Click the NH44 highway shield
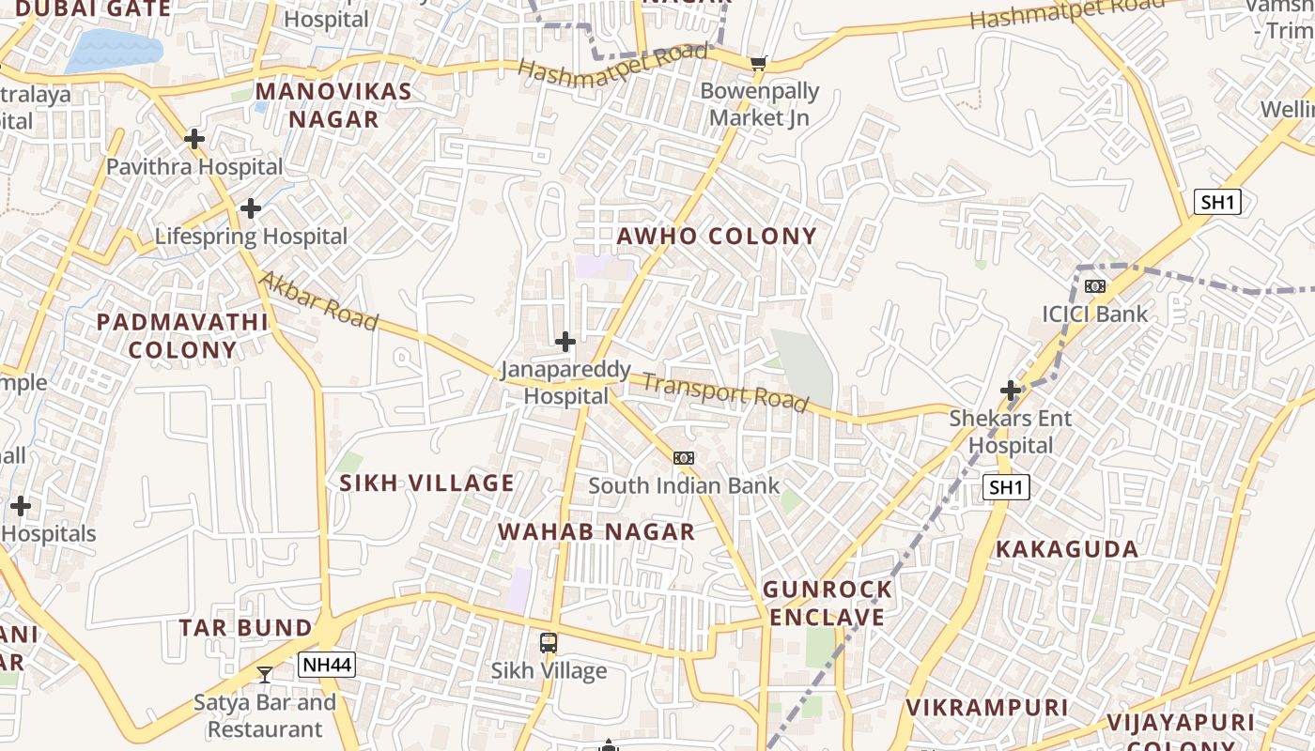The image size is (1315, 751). (327, 666)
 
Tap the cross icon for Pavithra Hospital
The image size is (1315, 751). (194, 139)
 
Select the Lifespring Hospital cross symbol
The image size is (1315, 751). (251, 208)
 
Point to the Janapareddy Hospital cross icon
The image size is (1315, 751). (565, 342)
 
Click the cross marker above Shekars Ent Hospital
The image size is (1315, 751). (1011, 390)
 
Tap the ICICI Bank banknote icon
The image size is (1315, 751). (1095, 286)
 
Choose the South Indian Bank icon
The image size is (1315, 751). (684, 458)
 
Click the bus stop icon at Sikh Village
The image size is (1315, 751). (549, 643)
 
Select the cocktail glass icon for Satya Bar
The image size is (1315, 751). (265, 674)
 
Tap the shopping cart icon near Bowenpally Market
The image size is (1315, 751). (759, 64)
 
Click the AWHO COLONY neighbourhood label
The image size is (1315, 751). (717, 236)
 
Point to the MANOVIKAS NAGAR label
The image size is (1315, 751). (333, 105)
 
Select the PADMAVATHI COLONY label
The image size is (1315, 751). (183, 336)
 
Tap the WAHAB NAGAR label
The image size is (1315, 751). (596, 532)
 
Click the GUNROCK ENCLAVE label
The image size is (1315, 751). (827, 604)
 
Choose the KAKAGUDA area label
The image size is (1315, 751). (1067, 549)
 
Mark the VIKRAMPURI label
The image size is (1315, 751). (987, 707)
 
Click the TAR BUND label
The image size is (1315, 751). (246, 627)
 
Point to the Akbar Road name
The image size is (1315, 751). (318, 300)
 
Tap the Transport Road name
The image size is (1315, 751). (725, 392)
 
